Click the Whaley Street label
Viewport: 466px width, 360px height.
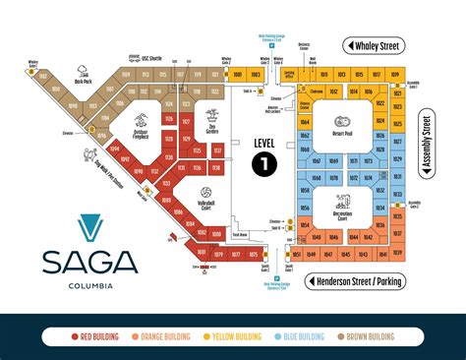pos(379,46)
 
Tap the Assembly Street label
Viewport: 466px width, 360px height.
pos(427,144)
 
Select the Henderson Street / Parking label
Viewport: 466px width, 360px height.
pos(361,282)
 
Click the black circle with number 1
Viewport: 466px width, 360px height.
pos(263,164)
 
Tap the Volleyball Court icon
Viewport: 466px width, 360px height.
pos(206,193)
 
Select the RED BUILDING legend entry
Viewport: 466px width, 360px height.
pos(94,337)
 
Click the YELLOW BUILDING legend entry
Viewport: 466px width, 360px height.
pos(235,337)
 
